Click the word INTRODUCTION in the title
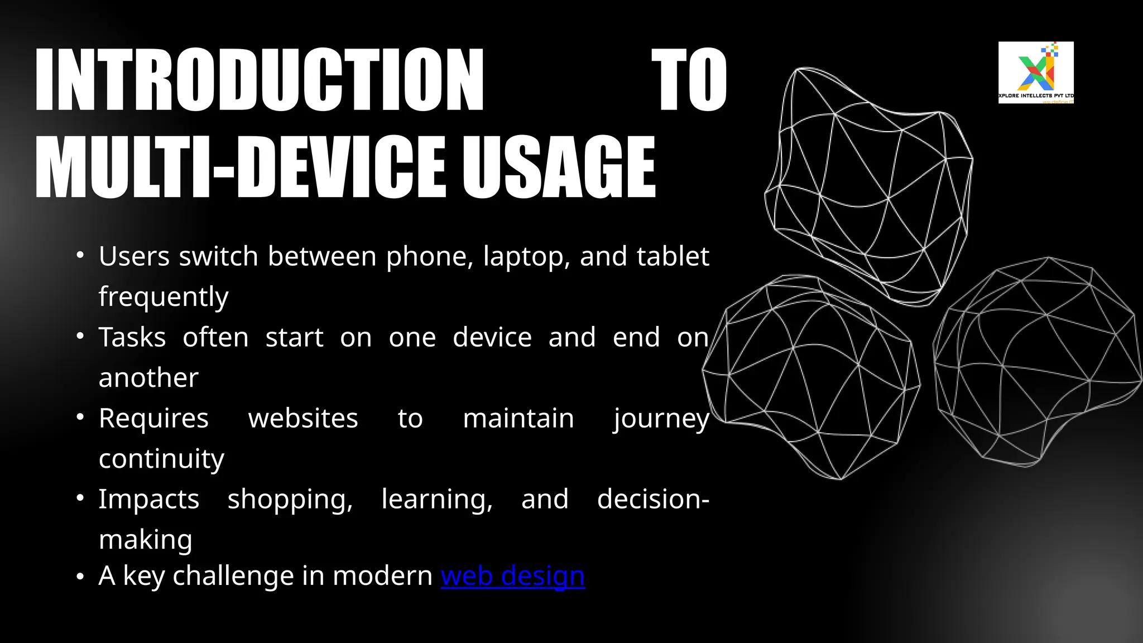[x=260, y=79]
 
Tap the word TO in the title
[x=690, y=79]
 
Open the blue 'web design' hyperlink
[x=512, y=575]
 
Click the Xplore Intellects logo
[x=1036, y=73]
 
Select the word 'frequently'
[x=164, y=297]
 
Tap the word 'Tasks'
[x=132, y=338]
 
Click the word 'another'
[x=148, y=378]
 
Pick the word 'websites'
[x=303, y=419]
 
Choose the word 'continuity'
[x=161, y=459]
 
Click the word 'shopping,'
[x=290, y=500]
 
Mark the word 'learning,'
[x=437, y=500]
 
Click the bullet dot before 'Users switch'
[x=80, y=256]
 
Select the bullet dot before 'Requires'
[x=80, y=418]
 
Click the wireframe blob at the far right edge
[x=1038, y=363]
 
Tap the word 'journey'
[x=661, y=419]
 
